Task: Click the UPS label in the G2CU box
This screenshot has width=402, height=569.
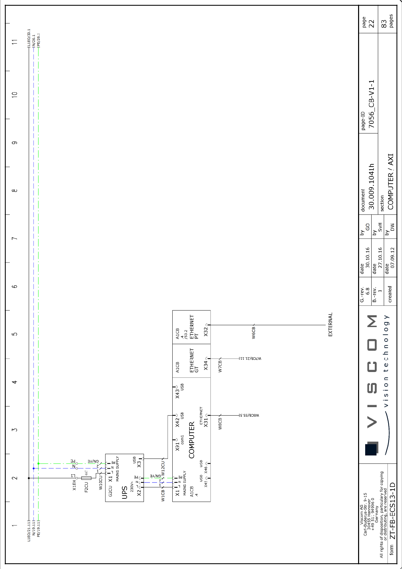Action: [124, 492]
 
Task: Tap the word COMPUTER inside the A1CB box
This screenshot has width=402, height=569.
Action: [192, 440]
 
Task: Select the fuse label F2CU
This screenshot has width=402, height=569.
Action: [86, 487]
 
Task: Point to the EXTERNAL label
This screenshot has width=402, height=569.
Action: [330, 324]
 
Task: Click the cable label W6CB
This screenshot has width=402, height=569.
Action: [253, 332]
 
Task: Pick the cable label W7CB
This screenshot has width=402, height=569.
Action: [220, 366]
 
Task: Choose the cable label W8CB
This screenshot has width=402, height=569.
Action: [220, 423]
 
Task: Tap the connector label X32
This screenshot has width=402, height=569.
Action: [206, 331]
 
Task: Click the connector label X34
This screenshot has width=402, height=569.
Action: [206, 365]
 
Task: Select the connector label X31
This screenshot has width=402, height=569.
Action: [206, 422]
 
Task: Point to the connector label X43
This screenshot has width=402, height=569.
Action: [177, 394]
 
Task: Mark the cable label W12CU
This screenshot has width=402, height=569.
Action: [163, 468]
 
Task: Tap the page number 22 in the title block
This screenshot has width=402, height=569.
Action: [371, 24]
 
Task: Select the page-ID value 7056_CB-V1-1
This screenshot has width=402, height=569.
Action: [371, 104]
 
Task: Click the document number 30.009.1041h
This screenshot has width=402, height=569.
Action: [371, 187]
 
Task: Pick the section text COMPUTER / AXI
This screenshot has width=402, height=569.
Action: [391, 182]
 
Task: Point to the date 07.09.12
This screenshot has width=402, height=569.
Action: [392, 257]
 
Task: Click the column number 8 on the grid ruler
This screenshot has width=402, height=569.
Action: [15, 191]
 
